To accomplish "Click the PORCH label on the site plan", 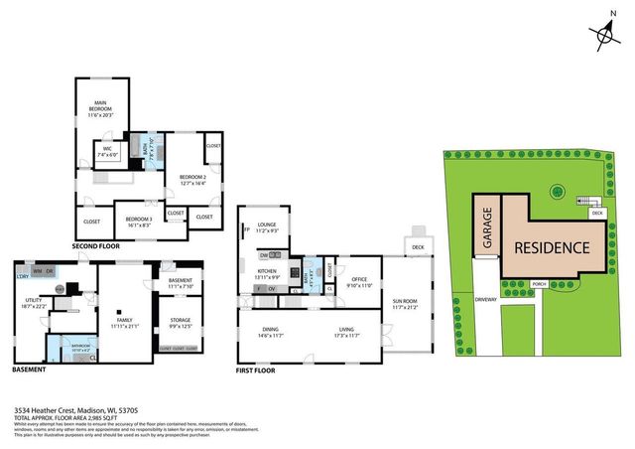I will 540,284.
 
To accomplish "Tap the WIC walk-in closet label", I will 107,154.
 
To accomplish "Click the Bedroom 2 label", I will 191,180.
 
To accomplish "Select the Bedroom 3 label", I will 138,222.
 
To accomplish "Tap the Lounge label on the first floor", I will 266,227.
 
